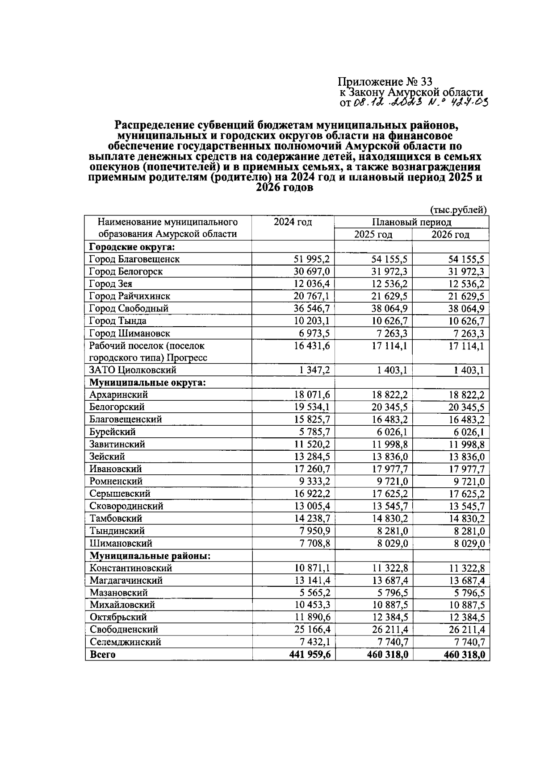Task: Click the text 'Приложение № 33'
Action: [385, 82]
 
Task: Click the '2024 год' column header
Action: [293, 222]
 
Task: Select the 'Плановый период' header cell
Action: [411, 222]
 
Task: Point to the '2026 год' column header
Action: [450, 235]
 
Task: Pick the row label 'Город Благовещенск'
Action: [134, 259]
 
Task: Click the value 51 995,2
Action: [312, 259]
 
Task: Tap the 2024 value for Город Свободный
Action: [312, 308]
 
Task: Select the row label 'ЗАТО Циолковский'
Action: [133, 370]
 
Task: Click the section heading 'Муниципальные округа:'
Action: [147, 382]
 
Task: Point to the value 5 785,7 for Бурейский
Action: [314, 432]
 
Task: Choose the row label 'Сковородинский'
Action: [126, 506]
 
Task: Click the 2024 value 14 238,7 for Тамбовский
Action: [312, 519]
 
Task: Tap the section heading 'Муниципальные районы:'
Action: [150, 556]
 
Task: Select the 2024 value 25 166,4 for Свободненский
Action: [312, 630]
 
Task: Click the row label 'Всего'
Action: [103, 655]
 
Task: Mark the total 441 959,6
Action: [309, 655]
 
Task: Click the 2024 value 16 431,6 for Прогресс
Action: [312, 346]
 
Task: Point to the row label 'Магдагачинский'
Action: [126, 581]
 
